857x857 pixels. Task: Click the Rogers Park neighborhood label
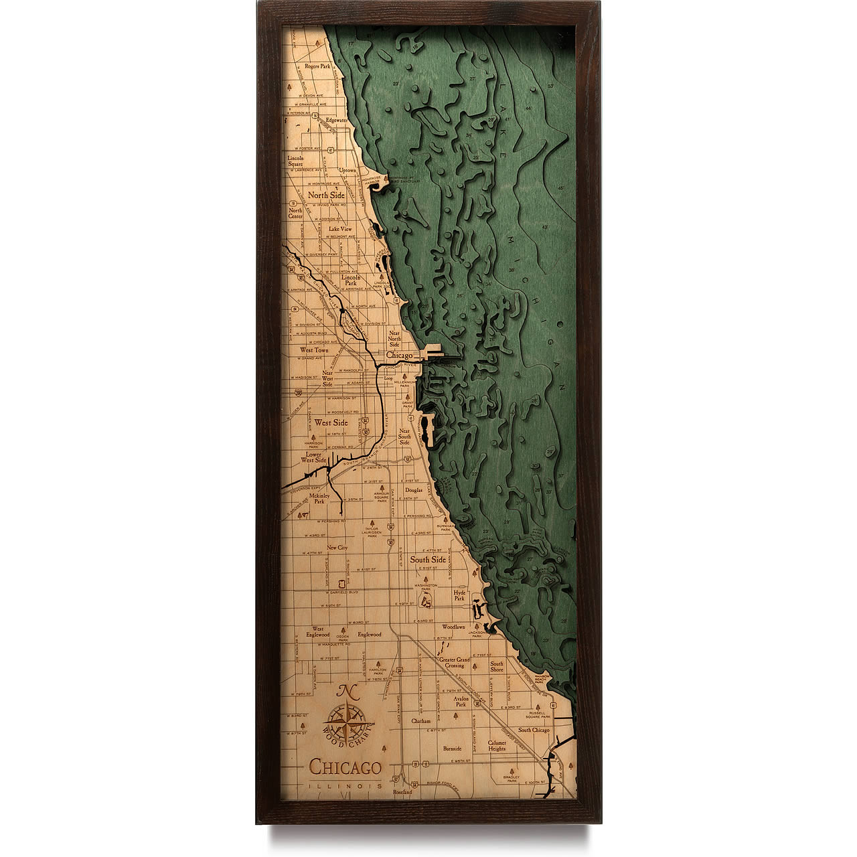[317, 67]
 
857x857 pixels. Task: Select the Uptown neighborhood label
[347, 171]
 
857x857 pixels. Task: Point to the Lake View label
[340, 229]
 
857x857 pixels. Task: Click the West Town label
[314, 350]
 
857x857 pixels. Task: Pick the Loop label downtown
[388, 378]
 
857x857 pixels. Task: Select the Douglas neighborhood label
[414, 490]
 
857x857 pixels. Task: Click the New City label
[337, 548]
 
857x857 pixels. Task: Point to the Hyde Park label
[459, 595]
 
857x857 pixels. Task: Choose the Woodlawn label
[453, 627]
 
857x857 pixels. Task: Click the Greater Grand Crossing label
[455, 663]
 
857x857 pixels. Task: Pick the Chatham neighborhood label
[421, 722]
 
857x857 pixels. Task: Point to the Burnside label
[452, 749]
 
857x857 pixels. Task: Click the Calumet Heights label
[497, 746]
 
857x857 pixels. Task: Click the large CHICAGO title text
[345, 767]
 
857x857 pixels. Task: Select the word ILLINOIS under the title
[345, 785]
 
